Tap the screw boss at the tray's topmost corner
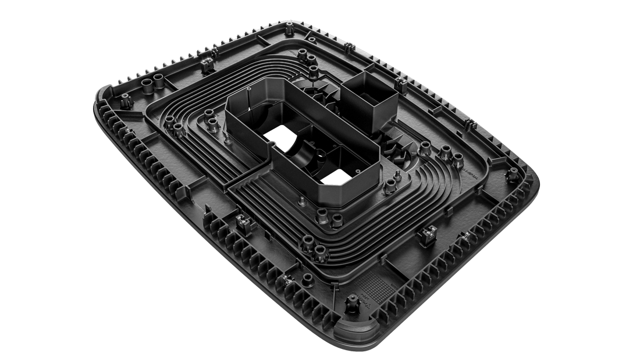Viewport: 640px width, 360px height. pos(289,28)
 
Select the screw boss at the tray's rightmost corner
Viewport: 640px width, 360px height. pos(514,173)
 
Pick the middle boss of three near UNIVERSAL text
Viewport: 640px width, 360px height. pos(445,152)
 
